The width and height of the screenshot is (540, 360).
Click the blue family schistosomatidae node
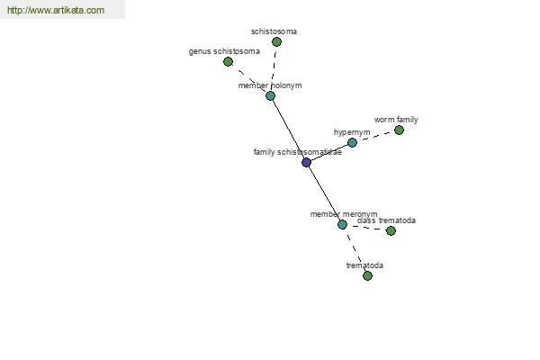point(307,162)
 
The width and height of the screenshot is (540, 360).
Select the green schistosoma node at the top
point(276,42)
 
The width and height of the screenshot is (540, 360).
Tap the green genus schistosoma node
point(228,62)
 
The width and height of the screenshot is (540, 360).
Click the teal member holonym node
point(270,95)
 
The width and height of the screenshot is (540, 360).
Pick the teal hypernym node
point(352,142)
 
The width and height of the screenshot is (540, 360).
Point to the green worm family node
point(399,130)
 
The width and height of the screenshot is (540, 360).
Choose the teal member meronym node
point(342,225)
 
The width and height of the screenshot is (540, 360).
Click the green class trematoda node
point(391,230)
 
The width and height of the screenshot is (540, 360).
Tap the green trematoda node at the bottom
point(367,275)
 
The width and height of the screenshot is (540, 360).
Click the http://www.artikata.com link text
point(56,10)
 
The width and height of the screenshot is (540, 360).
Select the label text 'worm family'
point(396,120)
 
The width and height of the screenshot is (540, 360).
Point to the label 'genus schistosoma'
point(224,51)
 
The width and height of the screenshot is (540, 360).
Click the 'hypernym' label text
point(352,132)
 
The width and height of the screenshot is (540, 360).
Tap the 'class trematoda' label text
point(386,220)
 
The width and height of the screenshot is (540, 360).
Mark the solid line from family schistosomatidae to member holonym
point(289,130)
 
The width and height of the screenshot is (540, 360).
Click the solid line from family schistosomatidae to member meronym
point(324,193)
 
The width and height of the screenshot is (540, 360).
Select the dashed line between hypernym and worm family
point(375,137)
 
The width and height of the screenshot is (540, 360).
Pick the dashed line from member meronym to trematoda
point(355,250)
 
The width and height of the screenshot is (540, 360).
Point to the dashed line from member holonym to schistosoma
point(274,69)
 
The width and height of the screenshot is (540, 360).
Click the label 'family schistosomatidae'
point(298,152)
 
